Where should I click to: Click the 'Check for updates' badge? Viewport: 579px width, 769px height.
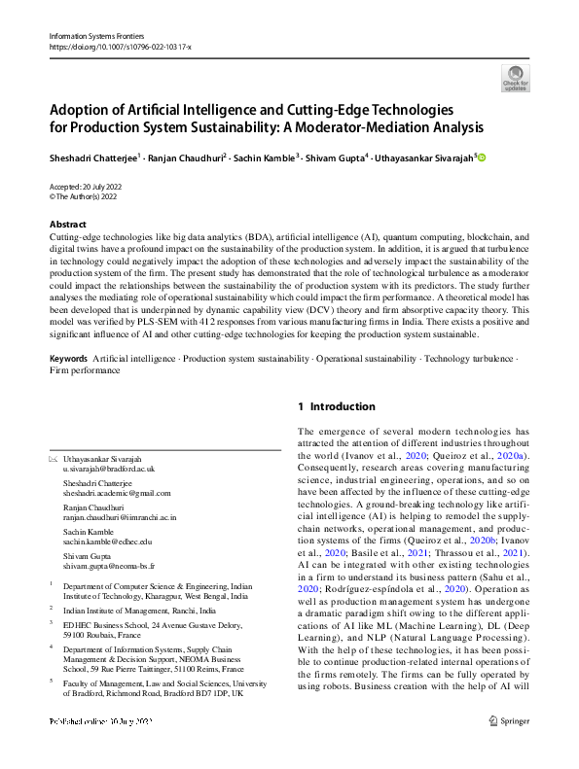[515, 78]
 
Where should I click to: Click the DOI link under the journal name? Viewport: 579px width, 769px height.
[120, 47]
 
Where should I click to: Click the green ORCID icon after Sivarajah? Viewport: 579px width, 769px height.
[481, 157]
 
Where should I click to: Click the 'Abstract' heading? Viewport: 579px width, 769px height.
[68, 225]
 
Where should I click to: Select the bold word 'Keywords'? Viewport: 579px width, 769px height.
[69, 360]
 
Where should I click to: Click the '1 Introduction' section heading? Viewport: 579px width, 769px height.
[336, 406]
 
